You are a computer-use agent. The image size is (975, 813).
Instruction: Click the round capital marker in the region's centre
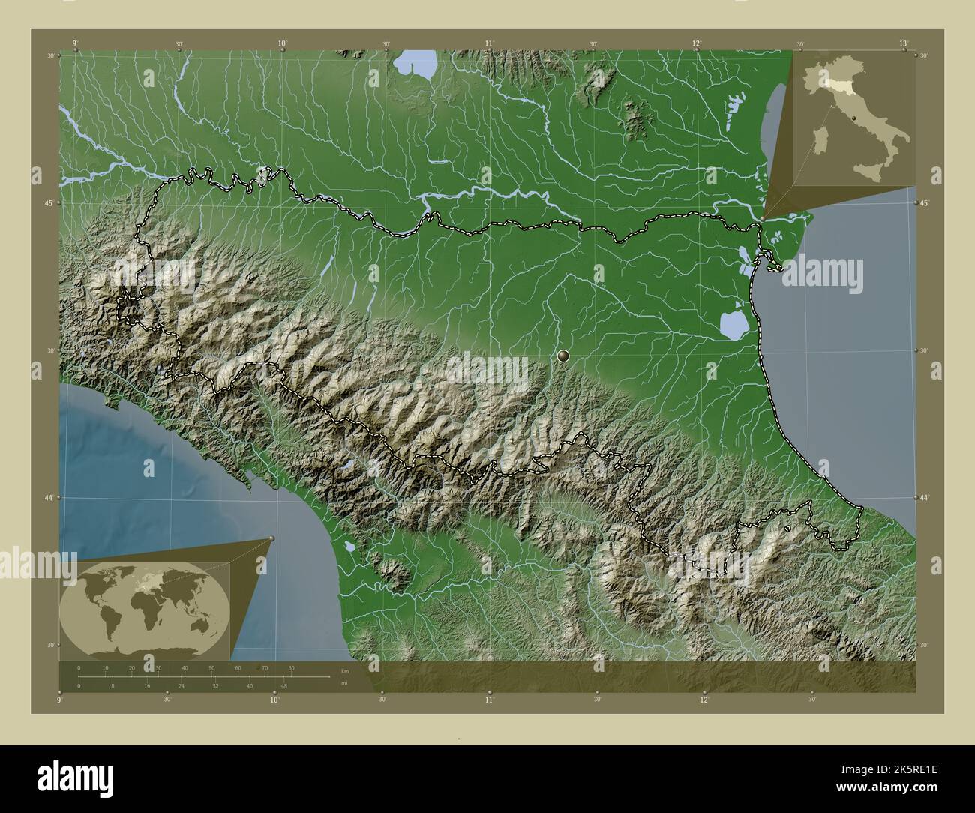pyautogui.click(x=563, y=355)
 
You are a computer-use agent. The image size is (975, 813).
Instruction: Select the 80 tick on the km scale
pyautogui.click(x=291, y=667)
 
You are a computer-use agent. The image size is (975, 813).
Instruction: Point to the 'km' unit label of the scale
pyautogui.click(x=344, y=671)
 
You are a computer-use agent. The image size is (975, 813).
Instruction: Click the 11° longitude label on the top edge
pyautogui.click(x=489, y=44)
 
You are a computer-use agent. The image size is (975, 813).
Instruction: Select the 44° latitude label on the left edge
pyautogui.click(x=50, y=498)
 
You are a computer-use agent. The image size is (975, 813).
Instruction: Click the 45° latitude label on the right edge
pyautogui.click(x=925, y=203)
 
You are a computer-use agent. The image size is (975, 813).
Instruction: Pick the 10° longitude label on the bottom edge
pyautogui.click(x=274, y=700)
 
